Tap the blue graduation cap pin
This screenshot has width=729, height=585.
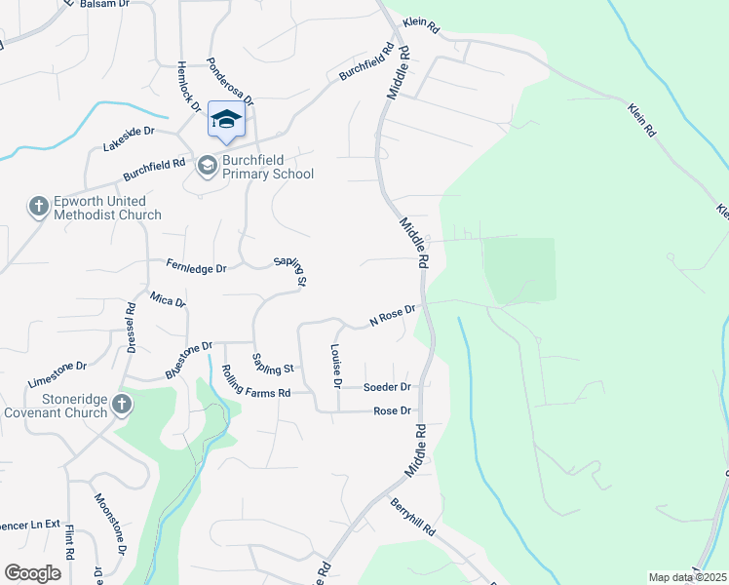226,120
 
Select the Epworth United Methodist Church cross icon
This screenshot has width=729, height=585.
38,207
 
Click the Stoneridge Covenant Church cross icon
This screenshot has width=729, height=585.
121,404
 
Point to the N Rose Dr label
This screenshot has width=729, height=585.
392,315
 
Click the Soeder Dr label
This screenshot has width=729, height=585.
387,387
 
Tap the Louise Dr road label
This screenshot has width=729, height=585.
336,367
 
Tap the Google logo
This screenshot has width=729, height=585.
32,573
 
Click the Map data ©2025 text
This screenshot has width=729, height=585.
687,577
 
